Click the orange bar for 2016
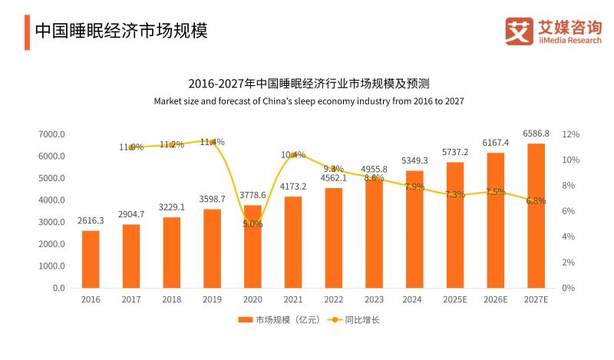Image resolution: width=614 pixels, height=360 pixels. point(91,259)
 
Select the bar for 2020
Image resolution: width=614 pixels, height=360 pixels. point(253,246)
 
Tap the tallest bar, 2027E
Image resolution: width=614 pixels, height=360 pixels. point(536,216)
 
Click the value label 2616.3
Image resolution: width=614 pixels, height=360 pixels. point(91,220)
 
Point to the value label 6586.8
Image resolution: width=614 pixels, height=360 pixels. point(536,134)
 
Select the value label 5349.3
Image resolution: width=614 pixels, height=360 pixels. point(414,160)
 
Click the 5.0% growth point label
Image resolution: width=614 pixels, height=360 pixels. point(253,224)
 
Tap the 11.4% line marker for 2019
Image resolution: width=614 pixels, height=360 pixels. point(212,142)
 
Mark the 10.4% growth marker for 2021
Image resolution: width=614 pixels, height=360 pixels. point(293,154)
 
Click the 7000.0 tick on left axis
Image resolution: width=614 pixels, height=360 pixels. point(52,134)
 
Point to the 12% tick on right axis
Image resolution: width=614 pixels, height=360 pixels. point(570,134)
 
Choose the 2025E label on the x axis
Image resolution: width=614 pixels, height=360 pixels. point(454,299)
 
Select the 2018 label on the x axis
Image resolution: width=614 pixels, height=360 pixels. point(171,299)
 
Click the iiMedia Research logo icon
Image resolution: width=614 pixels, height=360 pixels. point(519,31)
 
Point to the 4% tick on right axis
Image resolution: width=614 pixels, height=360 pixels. point(570,237)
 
